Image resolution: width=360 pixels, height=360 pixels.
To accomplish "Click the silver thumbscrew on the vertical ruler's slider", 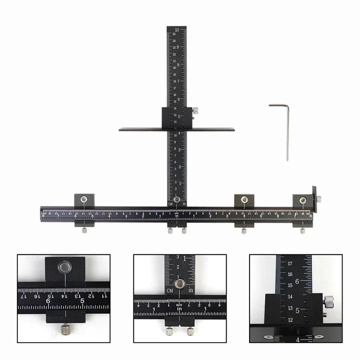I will (195, 111).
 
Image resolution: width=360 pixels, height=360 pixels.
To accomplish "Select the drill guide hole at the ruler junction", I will (177, 199).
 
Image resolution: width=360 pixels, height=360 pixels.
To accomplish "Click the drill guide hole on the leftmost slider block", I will (84, 199).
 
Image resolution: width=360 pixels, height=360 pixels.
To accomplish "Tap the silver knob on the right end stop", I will (318, 198).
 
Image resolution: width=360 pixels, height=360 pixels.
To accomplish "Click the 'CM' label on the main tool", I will (170, 204).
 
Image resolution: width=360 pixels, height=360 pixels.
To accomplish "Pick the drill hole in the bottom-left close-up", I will (64, 267).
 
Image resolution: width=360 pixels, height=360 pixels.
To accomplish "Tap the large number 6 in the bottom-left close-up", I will (48, 301).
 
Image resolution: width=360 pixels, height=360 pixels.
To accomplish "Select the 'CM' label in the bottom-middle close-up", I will (171, 289).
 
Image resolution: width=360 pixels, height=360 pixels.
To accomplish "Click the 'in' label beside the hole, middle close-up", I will (192, 289).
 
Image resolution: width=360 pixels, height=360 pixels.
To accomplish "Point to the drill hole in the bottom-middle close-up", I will (181, 284).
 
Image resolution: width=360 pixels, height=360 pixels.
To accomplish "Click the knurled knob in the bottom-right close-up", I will (328, 301).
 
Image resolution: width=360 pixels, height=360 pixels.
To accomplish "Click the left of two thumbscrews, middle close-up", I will (169, 330).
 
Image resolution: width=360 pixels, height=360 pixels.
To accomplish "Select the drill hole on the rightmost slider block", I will (302, 199).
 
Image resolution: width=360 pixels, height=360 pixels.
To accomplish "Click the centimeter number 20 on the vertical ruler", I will (174, 67).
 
